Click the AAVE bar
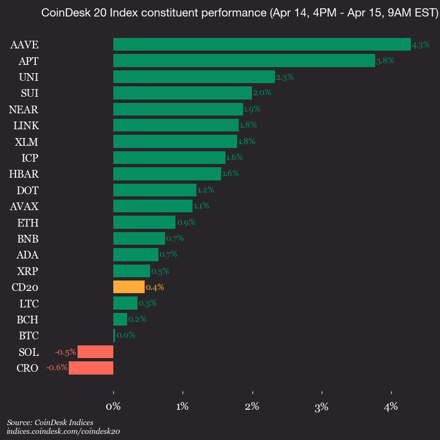[262, 45]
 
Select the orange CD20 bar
[129, 287]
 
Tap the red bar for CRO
[91, 368]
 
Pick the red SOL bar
[95, 352]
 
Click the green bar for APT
[244, 61]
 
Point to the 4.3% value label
[421, 45]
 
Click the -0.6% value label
[57, 368]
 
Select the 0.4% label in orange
[155, 287]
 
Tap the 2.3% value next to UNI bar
[285, 77]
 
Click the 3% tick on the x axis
[322, 408]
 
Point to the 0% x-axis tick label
[113, 408]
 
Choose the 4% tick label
[391, 408]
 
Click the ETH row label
[28, 223]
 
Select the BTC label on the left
[28, 335]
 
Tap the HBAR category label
[24, 174]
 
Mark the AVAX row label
[24, 207]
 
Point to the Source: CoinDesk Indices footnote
[50, 422]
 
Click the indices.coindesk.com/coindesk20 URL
[63, 432]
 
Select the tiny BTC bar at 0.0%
[114, 335]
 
